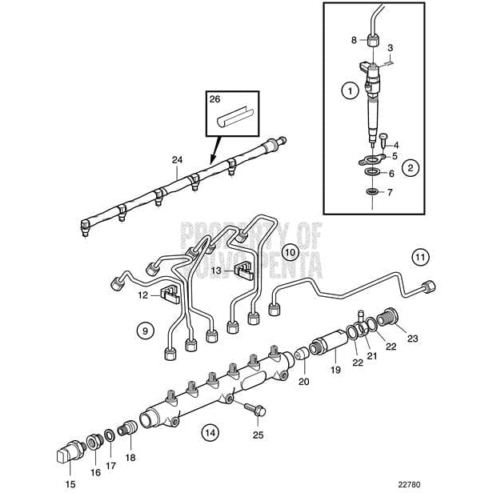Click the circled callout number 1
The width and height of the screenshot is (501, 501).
click(x=349, y=91)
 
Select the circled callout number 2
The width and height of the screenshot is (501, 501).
click(x=409, y=168)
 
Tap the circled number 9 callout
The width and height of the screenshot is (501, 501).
click(x=144, y=329)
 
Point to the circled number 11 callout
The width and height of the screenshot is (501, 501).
click(x=420, y=257)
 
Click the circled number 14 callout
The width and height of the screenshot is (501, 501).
click(x=210, y=433)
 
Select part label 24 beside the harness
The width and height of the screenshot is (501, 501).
click(x=178, y=161)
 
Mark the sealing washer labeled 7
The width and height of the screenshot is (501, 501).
click(x=372, y=192)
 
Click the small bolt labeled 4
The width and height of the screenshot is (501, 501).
click(x=384, y=139)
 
